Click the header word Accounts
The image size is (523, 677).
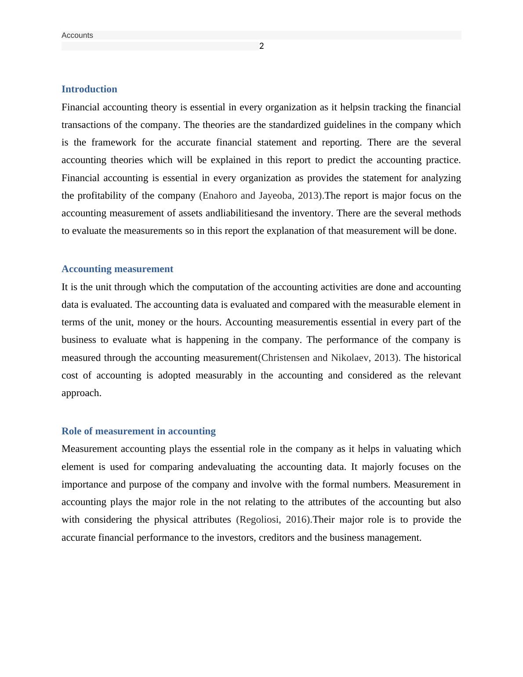[x=77, y=35]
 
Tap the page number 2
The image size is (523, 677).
[x=261, y=46]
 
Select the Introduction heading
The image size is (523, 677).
[x=89, y=89]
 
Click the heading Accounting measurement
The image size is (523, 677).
[x=117, y=269]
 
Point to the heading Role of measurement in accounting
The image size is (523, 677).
[x=138, y=431]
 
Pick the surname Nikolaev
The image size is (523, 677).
[x=350, y=358]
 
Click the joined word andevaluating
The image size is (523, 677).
[x=227, y=467]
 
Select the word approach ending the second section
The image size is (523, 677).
[x=81, y=393]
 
